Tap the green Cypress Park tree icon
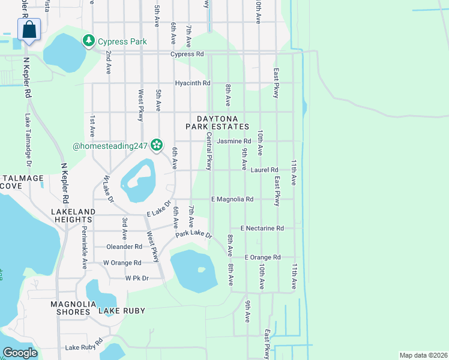pyautogui.click(x=89, y=41)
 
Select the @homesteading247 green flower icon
pyautogui.click(x=157, y=145)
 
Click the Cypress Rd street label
pyautogui.click(x=187, y=54)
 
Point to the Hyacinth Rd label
pyautogui.click(x=193, y=83)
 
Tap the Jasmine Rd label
pyautogui.click(x=251, y=141)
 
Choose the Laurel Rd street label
pyautogui.click(x=264, y=170)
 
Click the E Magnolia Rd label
pyautogui.click(x=232, y=199)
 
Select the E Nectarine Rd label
pyautogui.click(x=262, y=228)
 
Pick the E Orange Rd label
pyautogui.click(x=262, y=257)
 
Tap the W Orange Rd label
pyautogui.click(x=122, y=263)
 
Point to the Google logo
pyautogui.click(x=19, y=353)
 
